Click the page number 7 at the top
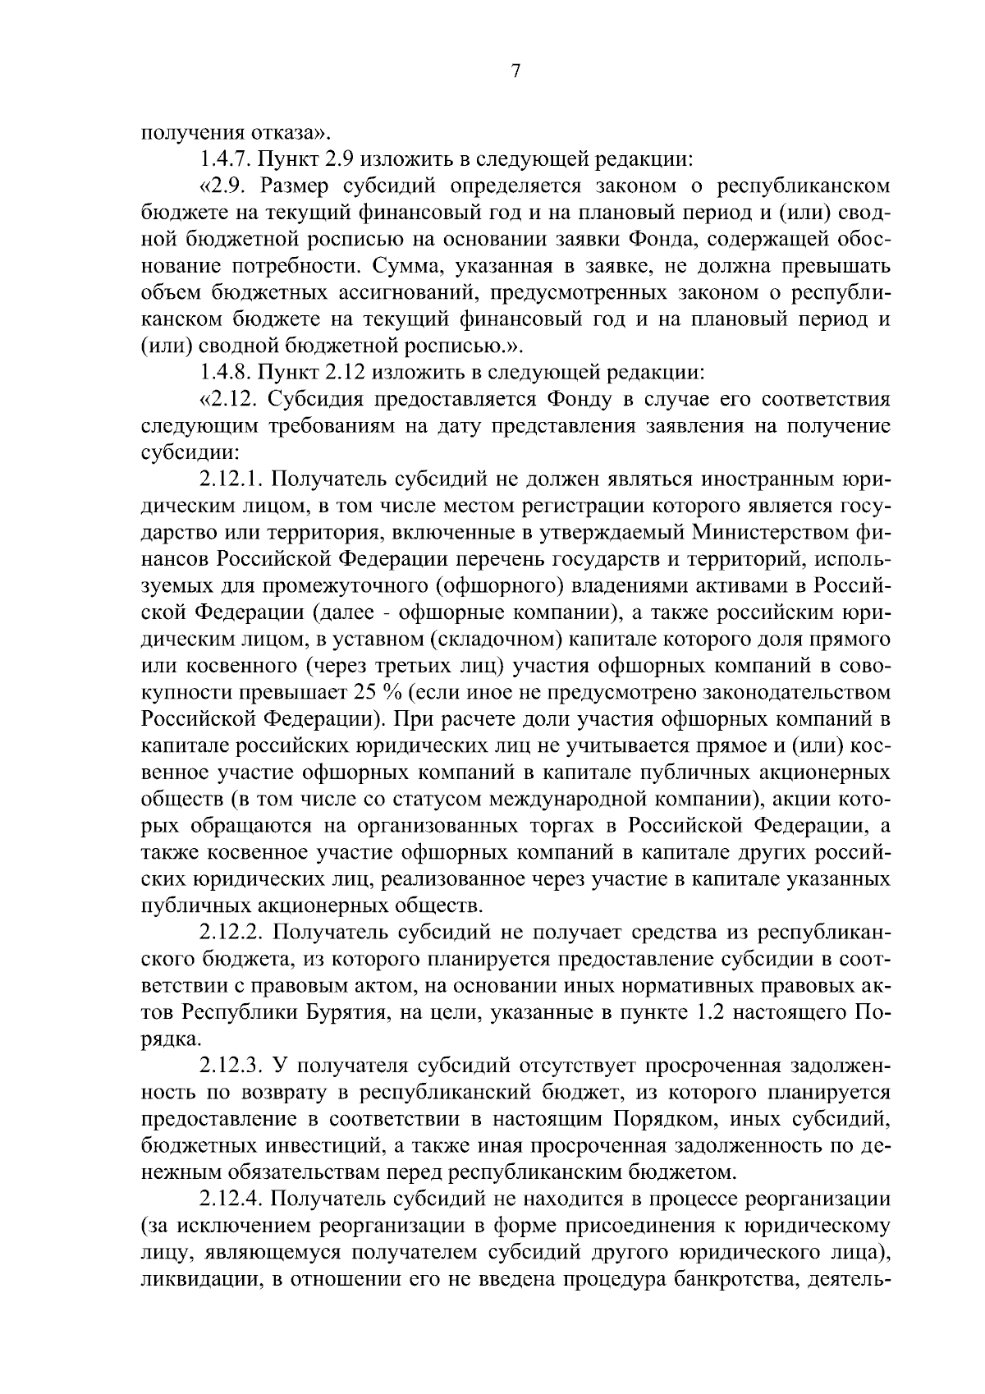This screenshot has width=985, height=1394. tap(515, 72)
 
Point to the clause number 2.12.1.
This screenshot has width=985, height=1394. tap(231, 479)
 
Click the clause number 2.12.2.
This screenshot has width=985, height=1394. tap(231, 933)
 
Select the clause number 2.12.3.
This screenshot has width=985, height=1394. tap(231, 1066)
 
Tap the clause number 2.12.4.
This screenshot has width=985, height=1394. tap(231, 1199)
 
